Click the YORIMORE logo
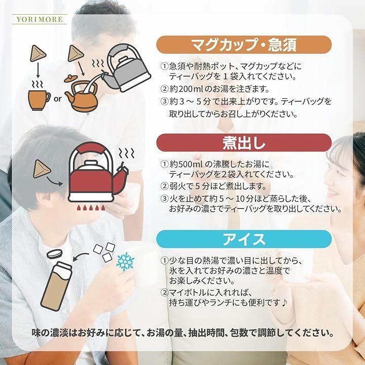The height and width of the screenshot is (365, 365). coord(40,19)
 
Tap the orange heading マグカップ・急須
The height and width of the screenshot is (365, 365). coord(244,45)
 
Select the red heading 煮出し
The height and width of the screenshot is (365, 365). coord(244,142)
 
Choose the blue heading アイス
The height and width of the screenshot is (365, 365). coord(244,239)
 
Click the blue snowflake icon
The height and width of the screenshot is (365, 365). coord(125,262)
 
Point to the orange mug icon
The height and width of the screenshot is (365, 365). coord(39,100)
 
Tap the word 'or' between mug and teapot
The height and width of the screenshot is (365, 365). coord(57,99)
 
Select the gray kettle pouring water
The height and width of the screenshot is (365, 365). coord(127,68)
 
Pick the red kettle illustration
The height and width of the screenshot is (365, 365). coord(98,172)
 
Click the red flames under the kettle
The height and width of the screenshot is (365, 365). coord(91,207)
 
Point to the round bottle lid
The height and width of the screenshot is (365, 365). coord(55,254)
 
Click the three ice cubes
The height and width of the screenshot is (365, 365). coord(104,252)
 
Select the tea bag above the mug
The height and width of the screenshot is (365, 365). coord(38,53)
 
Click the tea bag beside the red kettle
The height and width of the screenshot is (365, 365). coord(42,169)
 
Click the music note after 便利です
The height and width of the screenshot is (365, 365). coord(284,303)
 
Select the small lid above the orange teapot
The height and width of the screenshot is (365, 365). coord(71,79)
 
